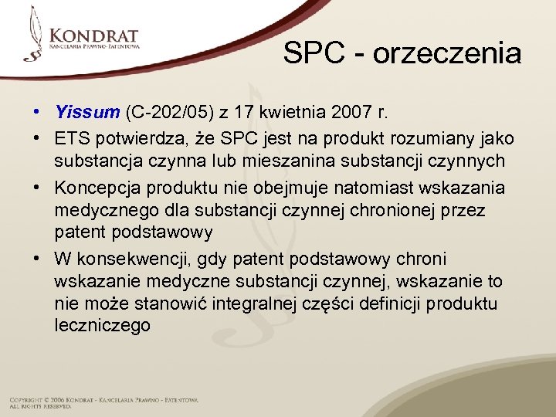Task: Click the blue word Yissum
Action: pos(87,112)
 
